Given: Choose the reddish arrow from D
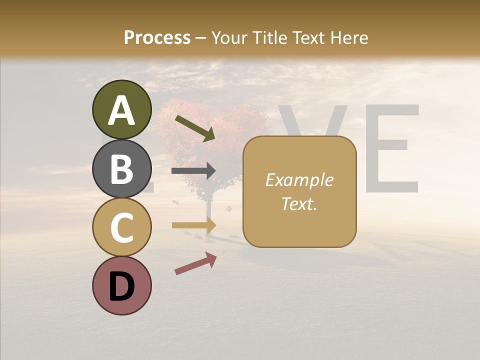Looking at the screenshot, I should pos(195,263).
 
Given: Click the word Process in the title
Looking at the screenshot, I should pos(157,37).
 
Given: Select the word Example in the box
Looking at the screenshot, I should pos(299,180).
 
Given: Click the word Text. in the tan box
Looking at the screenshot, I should pos(299,203).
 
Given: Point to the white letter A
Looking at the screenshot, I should pos(122,110).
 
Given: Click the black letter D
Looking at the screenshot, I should pos(122,287).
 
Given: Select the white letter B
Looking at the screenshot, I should pos(122,169).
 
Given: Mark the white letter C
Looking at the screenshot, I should pos(122,227).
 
